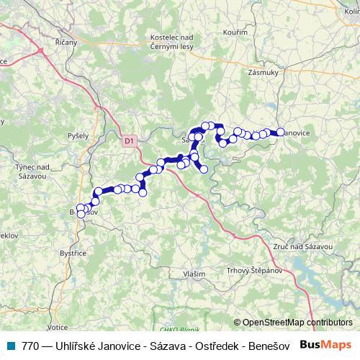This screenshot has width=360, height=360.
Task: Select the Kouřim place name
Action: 236,32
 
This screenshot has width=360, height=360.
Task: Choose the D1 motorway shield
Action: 129,141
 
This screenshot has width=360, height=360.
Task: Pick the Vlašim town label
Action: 194,274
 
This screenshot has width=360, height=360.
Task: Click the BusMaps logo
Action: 326,346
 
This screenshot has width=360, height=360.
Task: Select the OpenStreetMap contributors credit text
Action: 297,323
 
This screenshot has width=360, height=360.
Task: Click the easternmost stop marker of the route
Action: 280,132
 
